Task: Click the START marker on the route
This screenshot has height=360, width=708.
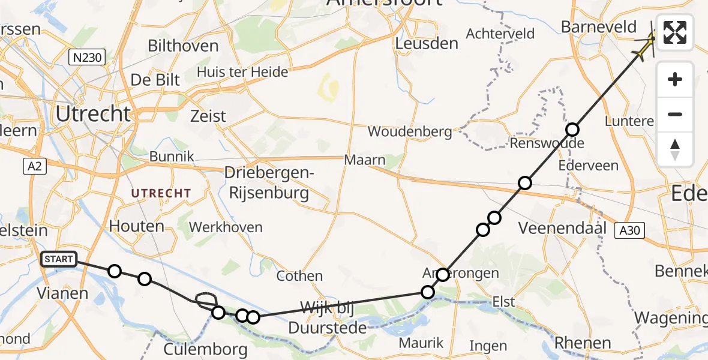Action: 58,260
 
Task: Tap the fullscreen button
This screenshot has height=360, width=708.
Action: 675,32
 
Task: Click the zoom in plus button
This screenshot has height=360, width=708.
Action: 675,79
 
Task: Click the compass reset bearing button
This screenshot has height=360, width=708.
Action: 675,149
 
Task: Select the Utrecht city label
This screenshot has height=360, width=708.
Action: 93,113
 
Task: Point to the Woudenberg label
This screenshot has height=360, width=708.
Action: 410,131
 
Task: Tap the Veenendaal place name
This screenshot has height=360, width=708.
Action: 559,228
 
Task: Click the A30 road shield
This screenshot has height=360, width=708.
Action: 629,230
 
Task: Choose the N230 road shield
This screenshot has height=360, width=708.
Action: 86,58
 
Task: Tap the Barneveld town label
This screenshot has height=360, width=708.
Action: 598,27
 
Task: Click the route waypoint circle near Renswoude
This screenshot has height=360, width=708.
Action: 572,130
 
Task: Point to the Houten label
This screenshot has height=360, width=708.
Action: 137,226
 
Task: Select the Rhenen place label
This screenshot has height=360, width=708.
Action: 583,343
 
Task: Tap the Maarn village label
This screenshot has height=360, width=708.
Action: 365,161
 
